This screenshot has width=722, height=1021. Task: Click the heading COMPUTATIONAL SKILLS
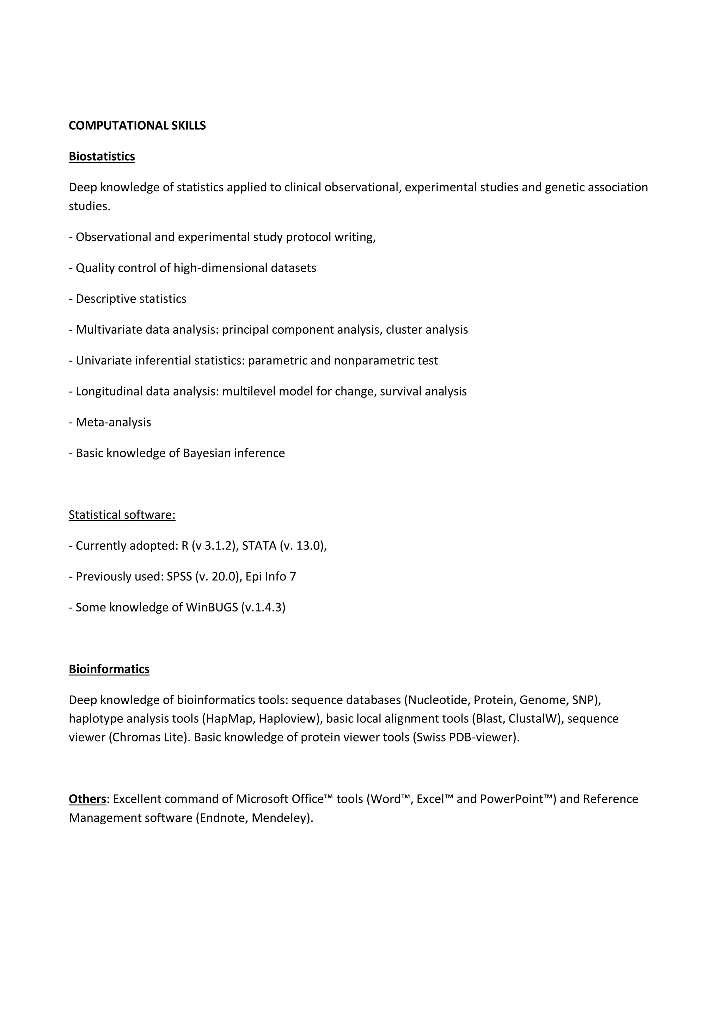[x=137, y=126]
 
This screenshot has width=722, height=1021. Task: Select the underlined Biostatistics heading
[x=102, y=156]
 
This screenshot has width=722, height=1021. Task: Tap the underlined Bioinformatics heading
[x=109, y=669]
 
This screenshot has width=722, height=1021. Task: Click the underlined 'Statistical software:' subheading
[x=122, y=515]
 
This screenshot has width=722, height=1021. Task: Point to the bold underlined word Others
[x=87, y=799]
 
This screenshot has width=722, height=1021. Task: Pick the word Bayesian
[x=207, y=453]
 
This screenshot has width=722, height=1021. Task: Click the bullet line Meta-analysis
[x=113, y=423]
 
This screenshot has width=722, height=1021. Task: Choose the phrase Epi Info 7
[x=270, y=577]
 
